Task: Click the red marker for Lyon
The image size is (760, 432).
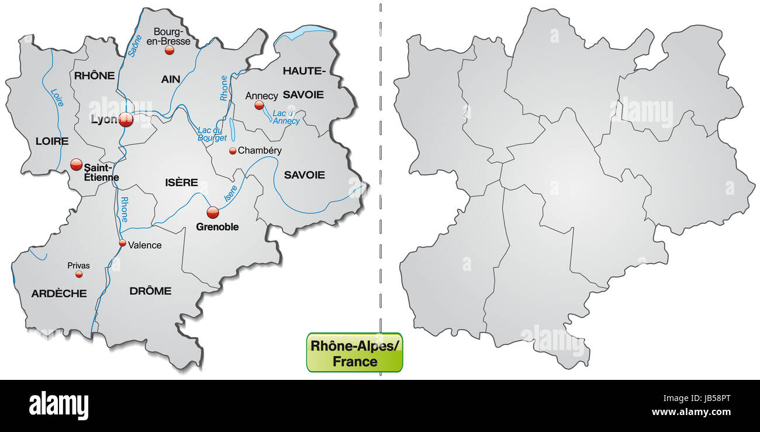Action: (126, 120)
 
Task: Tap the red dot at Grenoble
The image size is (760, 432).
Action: (213, 212)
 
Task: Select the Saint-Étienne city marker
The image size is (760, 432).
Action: (76, 164)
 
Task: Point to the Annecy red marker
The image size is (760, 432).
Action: (259, 105)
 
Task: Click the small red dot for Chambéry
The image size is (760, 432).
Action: (233, 151)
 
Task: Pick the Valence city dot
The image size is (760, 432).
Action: (122, 243)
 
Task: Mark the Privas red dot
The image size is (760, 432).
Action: (79, 274)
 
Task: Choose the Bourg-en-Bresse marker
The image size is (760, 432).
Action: (170, 50)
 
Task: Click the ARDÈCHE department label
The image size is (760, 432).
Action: (59, 293)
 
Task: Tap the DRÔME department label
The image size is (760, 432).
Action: (150, 290)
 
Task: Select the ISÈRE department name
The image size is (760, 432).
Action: (182, 183)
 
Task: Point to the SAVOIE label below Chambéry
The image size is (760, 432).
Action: (304, 174)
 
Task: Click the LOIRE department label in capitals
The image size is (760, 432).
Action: (52, 141)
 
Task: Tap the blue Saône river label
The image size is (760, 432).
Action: (135, 44)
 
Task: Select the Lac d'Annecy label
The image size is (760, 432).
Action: (286, 116)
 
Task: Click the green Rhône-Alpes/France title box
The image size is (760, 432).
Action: (354, 353)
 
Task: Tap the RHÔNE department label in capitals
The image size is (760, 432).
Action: (94, 75)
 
